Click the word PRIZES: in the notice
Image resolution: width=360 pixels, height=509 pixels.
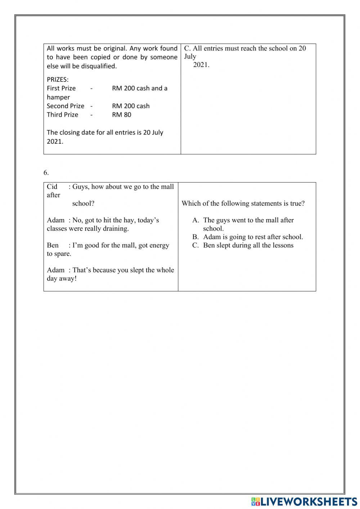click(58, 79)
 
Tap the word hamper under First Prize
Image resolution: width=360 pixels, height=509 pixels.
click(58, 97)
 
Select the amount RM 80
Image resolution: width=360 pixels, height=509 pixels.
click(122, 115)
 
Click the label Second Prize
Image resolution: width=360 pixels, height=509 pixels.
click(66, 106)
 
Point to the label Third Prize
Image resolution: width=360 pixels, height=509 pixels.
click(62, 115)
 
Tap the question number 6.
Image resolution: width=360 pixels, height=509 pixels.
click(46, 173)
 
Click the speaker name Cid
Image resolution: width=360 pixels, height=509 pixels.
click(52, 187)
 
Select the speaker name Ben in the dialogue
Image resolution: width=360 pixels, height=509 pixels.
click(53, 245)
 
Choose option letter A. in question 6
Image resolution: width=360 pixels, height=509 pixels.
click(196, 220)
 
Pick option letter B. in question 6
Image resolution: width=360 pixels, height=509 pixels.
click(195, 237)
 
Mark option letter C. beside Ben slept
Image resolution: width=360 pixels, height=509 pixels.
click(195, 245)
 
